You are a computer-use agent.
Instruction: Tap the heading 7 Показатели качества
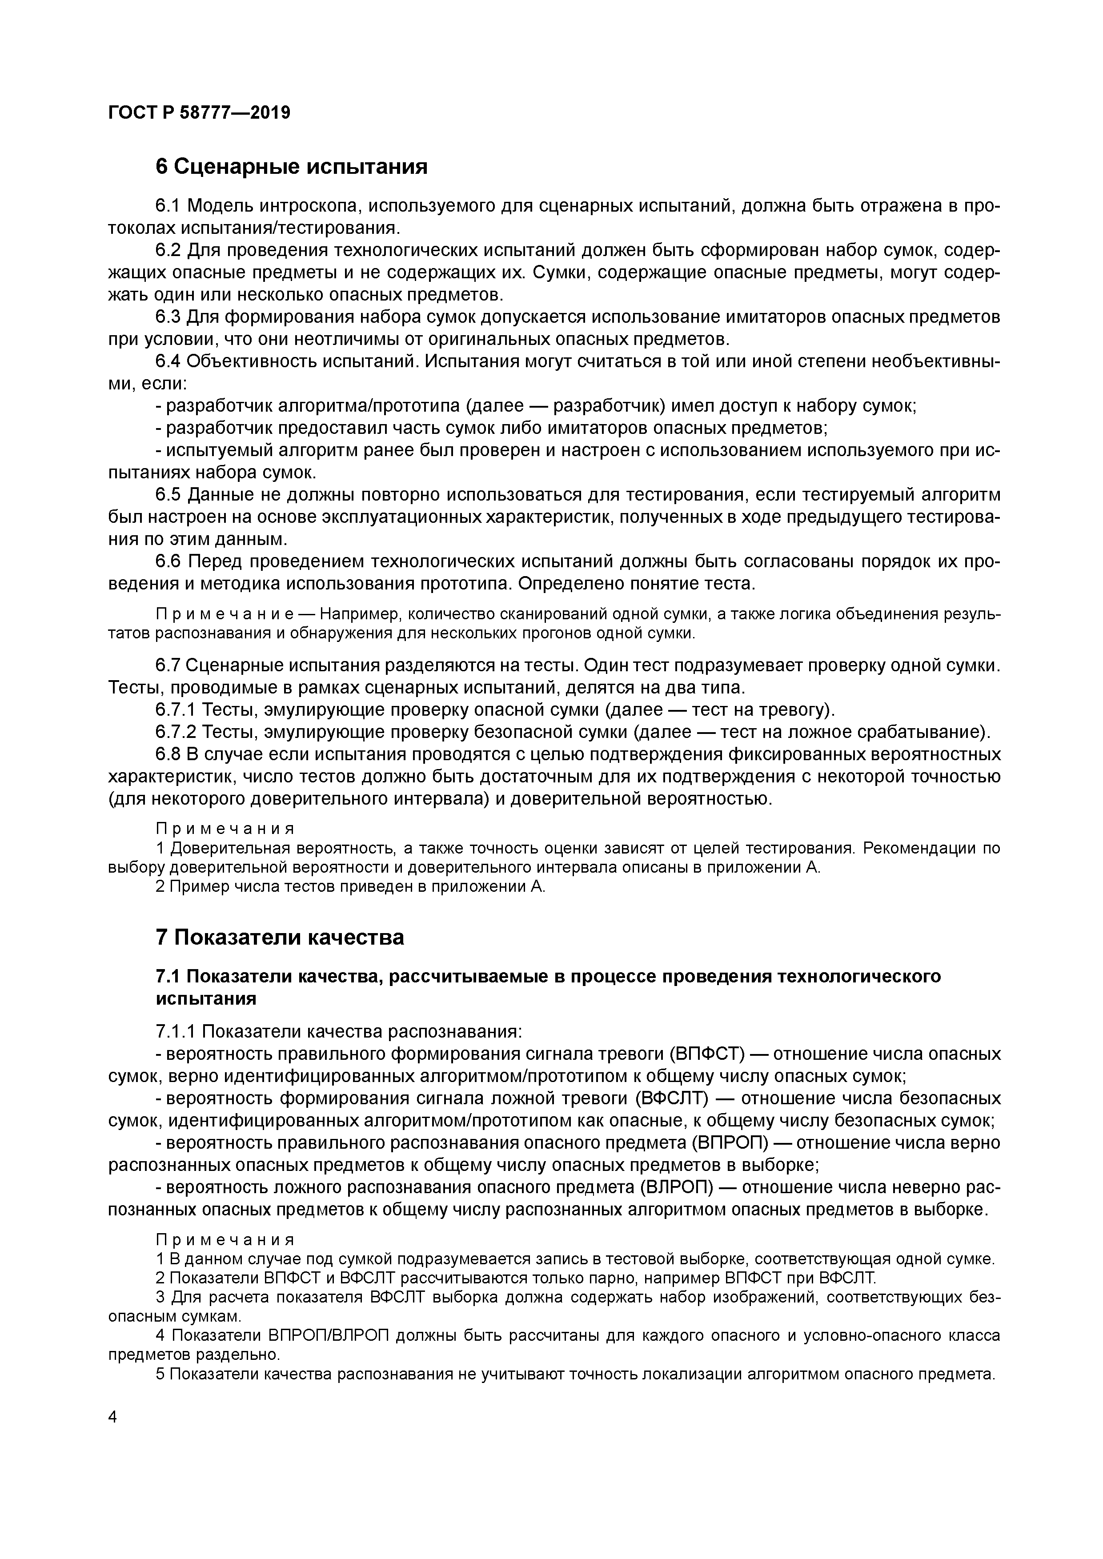pos(279,937)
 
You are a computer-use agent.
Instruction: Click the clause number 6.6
pos(168,561)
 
